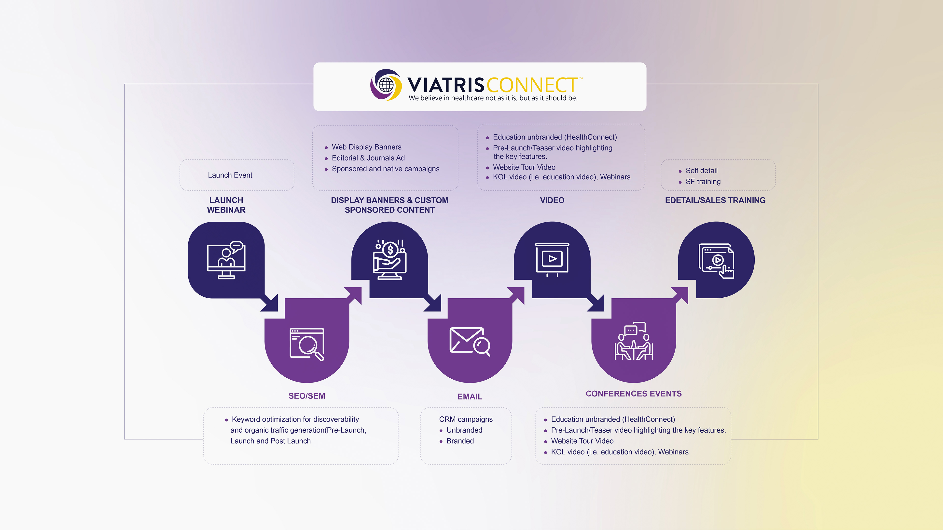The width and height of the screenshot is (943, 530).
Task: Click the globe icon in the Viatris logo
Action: point(386,85)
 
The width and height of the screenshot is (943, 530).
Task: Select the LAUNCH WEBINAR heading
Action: point(226,205)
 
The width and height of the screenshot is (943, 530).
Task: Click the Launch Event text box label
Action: point(230,175)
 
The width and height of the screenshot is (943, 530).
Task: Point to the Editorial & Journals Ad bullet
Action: point(368,158)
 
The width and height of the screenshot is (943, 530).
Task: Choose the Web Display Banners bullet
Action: point(366,147)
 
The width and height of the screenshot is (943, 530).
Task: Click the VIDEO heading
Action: point(552,200)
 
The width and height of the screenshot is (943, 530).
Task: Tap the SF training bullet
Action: point(703,182)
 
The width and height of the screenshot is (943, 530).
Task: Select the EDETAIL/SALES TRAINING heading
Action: point(715,200)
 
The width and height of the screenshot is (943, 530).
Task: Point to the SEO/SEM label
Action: point(307,396)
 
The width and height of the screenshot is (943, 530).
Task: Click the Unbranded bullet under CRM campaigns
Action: point(464,430)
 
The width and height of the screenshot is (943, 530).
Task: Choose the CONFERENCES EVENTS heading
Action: point(634,394)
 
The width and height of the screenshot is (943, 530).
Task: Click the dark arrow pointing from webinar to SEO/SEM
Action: point(270,303)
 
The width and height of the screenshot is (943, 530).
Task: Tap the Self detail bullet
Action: point(701,171)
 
